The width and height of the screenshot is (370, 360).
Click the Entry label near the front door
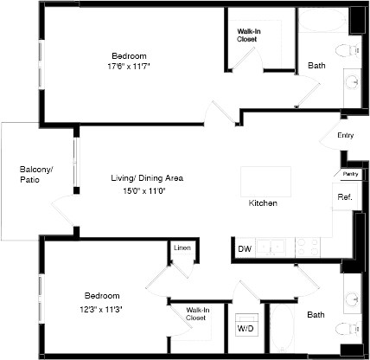(345, 135)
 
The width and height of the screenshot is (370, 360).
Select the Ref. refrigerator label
(342, 197)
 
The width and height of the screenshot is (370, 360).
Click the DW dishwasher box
(245, 249)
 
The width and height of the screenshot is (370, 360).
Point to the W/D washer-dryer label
(245, 329)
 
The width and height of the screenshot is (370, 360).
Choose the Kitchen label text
(263, 203)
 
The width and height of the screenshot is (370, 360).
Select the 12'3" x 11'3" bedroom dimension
(102, 306)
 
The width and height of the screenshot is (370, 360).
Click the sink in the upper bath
(354, 82)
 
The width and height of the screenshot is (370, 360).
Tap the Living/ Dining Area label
(146, 178)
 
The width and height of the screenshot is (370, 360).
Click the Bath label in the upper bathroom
(316, 66)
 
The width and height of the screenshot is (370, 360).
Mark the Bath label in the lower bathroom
(316, 315)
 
